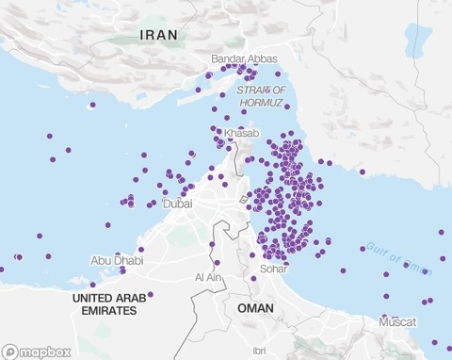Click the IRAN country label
(158, 36)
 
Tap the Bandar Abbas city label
(244, 59)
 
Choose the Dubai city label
(177, 203)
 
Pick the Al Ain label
(205, 278)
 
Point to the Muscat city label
(397, 322)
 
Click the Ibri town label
(258, 350)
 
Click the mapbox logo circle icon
(10, 352)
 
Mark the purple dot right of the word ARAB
(151, 294)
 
